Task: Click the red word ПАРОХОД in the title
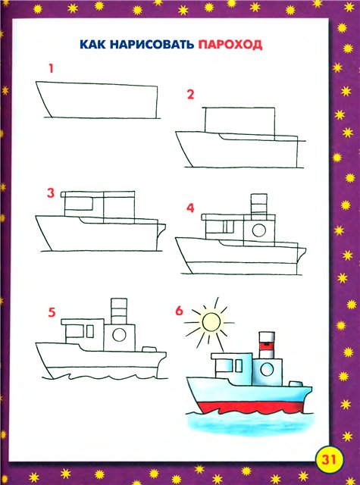[x=230, y=45]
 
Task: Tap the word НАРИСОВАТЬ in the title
[x=152, y=45]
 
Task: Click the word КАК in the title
[x=92, y=45]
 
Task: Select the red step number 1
[x=51, y=68]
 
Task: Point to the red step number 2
[x=190, y=94]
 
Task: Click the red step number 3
[x=51, y=193]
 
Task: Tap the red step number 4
[x=190, y=208]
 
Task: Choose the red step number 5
[x=52, y=312]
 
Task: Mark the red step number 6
[x=180, y=311]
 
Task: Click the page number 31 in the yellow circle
[x=329, y=459]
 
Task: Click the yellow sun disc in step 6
[x=211, y=321]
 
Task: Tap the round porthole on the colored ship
[x=267, y=370]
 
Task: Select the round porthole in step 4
[x=259, y=230]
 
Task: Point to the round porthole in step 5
[x=120, y=335]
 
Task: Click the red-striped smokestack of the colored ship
[x=267, y=346]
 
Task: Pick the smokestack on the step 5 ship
[x=119, y=311]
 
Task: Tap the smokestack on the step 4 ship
[x=259, y=205]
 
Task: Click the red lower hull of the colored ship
[x=251, y=408]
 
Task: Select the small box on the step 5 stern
[x=150, y=349]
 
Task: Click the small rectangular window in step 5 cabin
[x=90, y=332]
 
